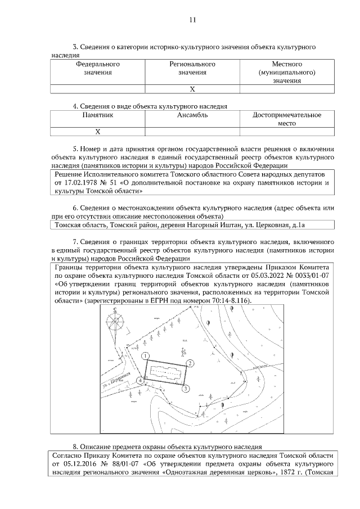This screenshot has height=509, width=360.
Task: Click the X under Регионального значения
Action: pyautogui.click(x=192, y=89)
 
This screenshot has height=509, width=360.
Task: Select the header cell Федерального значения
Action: pyautogui.click(x=98, y=68)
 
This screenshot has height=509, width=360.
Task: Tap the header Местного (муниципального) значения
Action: pyautogui.click(x=287, y=73)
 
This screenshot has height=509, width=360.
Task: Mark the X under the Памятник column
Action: pyautogui.click(x=98, y=132)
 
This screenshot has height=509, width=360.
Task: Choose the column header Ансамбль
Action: pyautogui.click(x=192, y=115)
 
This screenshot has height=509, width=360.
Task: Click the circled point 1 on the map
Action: pyautogui.click(x=145, y=355)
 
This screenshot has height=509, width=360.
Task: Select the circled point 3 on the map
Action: pyautogui.click(x=186, y=388)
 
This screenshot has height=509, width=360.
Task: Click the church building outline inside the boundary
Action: pyautogui.click(x=166, y=373)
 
